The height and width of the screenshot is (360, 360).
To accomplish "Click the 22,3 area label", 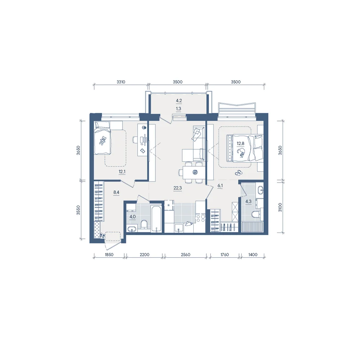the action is click(178, 188).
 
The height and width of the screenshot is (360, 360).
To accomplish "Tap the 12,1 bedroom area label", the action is click(122, 171).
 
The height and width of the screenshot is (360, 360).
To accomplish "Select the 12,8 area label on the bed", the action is click(240, 144).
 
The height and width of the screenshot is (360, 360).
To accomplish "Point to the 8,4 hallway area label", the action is click(116, 192).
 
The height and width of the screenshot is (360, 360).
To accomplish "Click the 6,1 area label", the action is click(220, 185).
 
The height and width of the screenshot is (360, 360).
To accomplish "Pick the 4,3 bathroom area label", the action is click(248, 202).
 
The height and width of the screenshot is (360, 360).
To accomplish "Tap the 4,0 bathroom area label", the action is click(133, 216).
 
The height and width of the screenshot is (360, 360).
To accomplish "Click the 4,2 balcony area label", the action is click(179, 100).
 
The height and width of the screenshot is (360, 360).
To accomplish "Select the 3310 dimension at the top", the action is click(121, 82).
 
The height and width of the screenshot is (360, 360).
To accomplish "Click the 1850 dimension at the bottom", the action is click(109, 255).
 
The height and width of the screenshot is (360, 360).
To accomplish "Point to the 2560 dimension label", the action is click(185, 255).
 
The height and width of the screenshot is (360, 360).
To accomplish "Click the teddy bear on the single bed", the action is click(102, 140).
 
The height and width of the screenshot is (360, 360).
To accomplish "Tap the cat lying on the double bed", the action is click(241, 153).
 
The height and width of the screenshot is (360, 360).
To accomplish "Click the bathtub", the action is click(156, 219).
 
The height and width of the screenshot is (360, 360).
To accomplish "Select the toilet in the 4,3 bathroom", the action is click(256, 214).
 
